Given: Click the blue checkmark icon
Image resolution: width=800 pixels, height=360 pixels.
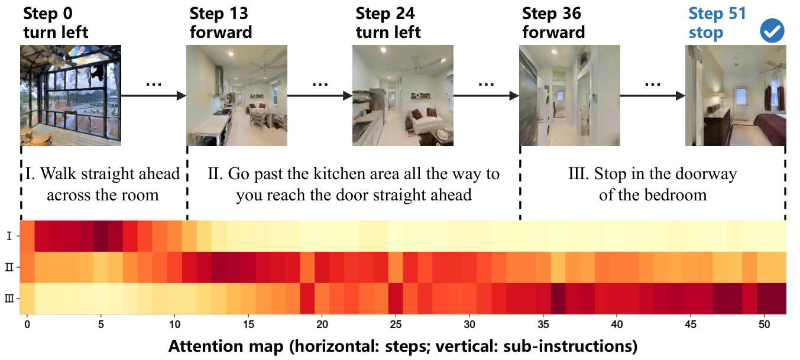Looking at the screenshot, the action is tap(772, 31).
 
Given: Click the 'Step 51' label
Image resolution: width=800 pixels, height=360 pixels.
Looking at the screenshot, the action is tap(717, 14).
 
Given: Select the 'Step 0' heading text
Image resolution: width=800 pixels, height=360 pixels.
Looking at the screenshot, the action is tap(48, 14).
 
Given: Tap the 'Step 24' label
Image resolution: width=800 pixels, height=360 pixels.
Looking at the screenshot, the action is tap(385, 14).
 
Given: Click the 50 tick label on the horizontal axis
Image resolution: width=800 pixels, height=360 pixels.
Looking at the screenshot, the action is tap(765, 325).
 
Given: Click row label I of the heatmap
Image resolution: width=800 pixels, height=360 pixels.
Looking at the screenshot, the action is tap(9, 236).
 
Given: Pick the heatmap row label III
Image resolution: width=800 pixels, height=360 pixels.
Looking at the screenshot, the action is tap(9, 299).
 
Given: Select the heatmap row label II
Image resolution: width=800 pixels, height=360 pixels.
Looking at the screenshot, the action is tap(9, 267).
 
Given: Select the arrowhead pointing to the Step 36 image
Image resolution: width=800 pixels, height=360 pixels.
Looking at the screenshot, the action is tap(514, 96).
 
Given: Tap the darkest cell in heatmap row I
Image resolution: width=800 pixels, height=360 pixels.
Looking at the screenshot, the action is tap(101, 236).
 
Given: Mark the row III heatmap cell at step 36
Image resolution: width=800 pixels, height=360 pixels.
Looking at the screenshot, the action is tap(558, 299).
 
